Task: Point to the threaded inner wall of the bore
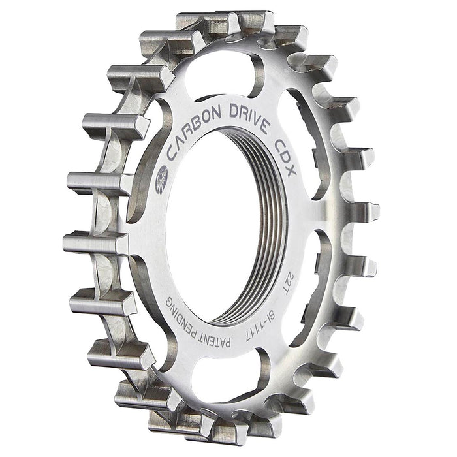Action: pyautogui.click(x=264, y=215)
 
